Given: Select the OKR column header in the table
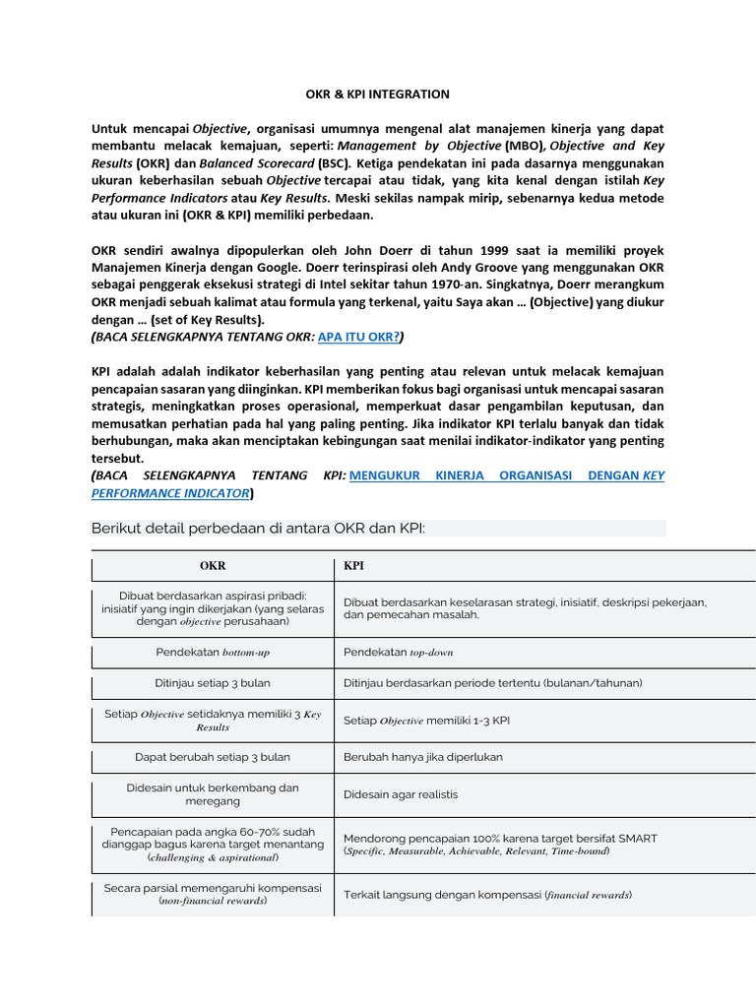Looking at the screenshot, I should click(212, 567).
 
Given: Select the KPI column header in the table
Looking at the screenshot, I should click(352, 567).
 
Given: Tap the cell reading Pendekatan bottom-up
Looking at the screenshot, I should click(212, 652).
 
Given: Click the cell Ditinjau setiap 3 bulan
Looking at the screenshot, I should click(212, 681).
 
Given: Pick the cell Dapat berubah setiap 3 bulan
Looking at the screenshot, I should click(212, 757).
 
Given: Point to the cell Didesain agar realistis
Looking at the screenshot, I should click(401, 794).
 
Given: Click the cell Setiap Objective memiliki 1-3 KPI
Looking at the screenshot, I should click(426, 720).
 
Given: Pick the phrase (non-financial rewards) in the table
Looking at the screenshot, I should click(213, 901).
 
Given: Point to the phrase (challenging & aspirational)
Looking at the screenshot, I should click(213, 857).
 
